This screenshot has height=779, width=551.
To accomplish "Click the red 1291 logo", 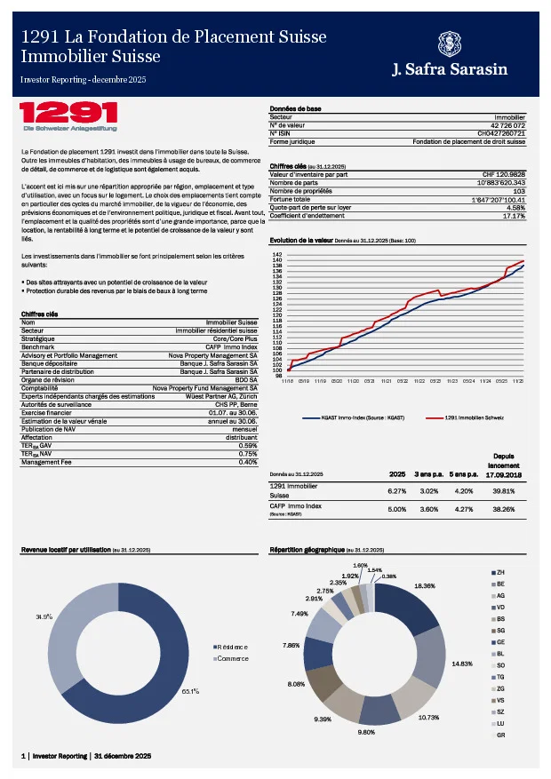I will (x=68, y=113).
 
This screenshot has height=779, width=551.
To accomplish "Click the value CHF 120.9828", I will (x=503, y=174).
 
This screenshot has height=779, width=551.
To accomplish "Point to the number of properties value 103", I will (x=519, y=190).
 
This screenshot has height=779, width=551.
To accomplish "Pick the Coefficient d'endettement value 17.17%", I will (x=514, y=215).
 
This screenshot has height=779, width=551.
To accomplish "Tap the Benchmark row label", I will (x=38, y=346).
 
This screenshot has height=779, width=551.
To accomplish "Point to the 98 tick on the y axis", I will (x=277, y=376).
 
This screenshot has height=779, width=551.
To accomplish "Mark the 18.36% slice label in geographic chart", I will (x=424, y=586).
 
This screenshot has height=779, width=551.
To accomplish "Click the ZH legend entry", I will (x=500, y=572).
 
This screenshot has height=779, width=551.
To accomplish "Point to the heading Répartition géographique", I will (x=307, y=551).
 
